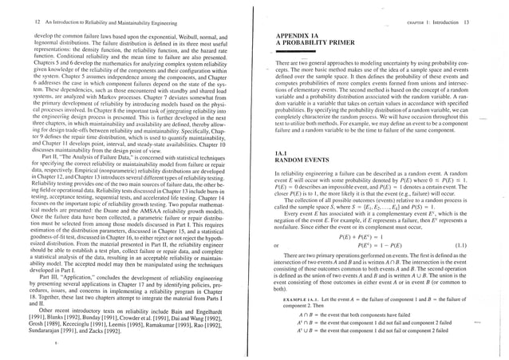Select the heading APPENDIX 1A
[x=297, y=36]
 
